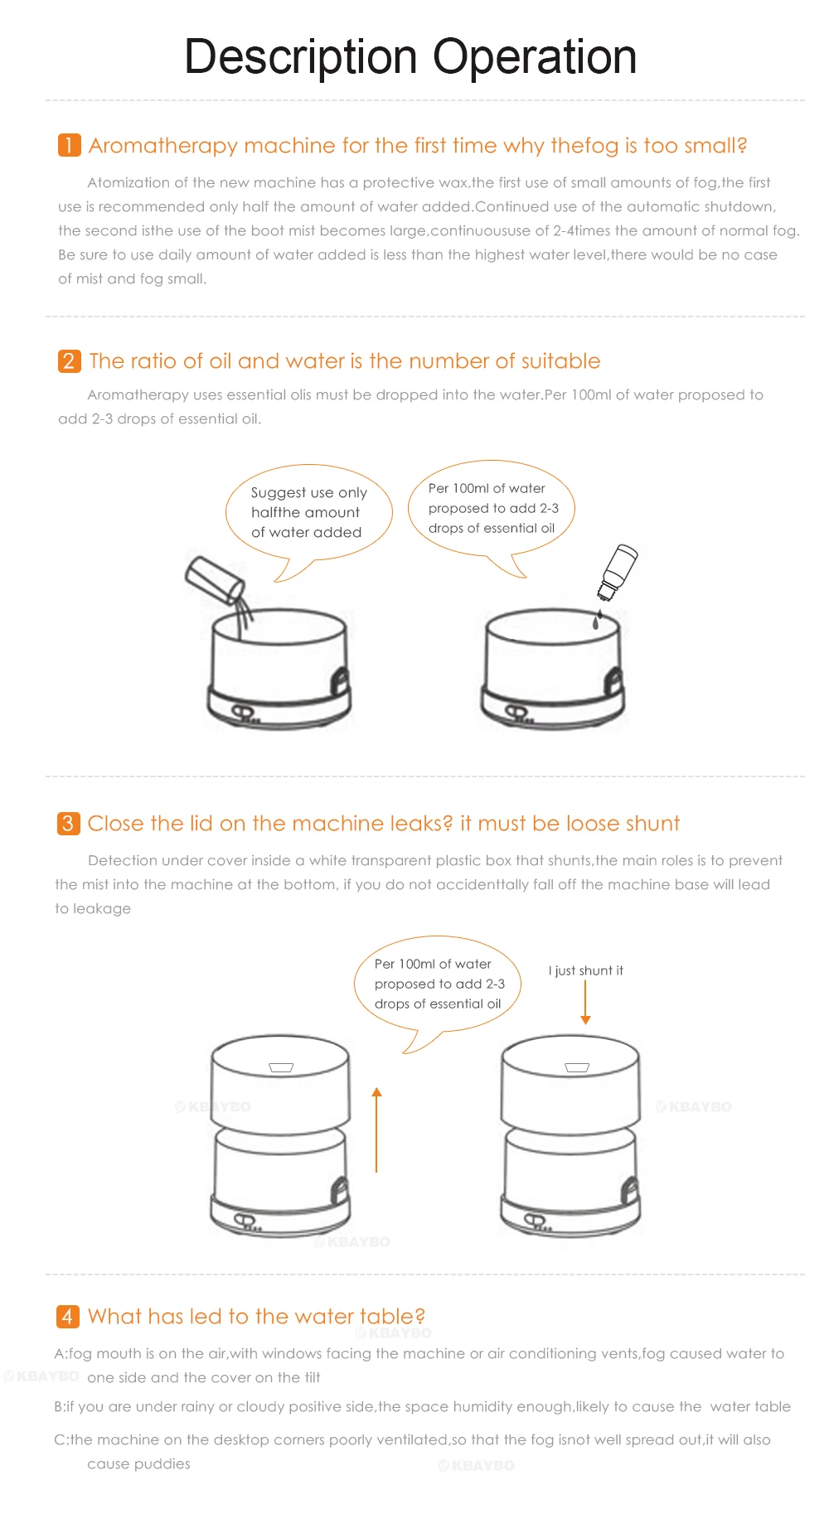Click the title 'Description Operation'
(x=410, y=57)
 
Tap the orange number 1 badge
(x=69, y=145)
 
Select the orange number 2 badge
(x=69, y=361)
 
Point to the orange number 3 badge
(x=68, y=824)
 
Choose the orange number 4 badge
(x=67, y=1317)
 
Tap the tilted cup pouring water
(x=214, y=578)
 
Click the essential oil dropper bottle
(x=618, y=572)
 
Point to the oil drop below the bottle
(x=596, y=619)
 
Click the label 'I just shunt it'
(x=585, y=970)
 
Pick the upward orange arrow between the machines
(x=376, y=1129)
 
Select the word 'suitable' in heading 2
(x=560, y=361)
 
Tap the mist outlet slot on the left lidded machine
(x=281, y=1068)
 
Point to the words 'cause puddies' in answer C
(x=138, y=1464)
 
